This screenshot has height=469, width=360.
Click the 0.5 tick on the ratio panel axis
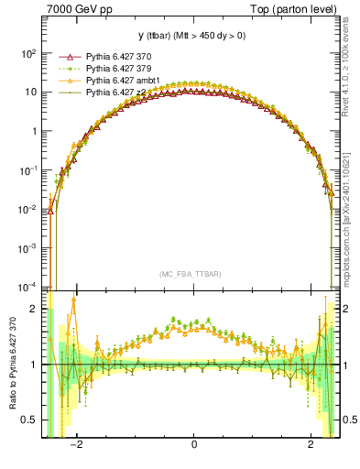tap(30, 420)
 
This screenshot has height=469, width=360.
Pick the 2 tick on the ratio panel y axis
tap(35, 309)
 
